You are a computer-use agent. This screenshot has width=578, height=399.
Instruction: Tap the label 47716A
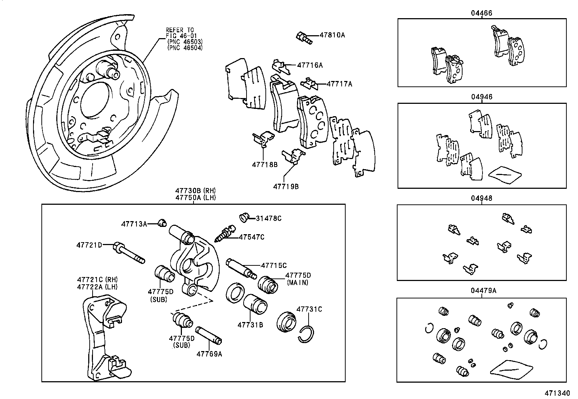[x=310, y=65]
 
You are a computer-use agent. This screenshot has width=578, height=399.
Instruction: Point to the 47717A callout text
[x=339, y=84]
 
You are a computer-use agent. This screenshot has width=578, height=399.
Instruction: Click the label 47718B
[x=265, y=164]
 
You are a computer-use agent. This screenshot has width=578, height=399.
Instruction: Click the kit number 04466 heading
[x=481, y=13]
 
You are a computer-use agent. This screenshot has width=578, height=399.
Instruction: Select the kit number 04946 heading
[x=481, y=97]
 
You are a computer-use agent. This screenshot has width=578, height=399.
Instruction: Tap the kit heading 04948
[x=481, y=199]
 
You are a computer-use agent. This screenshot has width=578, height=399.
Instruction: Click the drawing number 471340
[x=557, y=394]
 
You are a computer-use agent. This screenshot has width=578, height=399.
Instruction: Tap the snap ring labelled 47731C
[x=307, y=333]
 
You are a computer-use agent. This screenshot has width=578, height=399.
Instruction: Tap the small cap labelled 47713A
[x=162, y=223]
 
